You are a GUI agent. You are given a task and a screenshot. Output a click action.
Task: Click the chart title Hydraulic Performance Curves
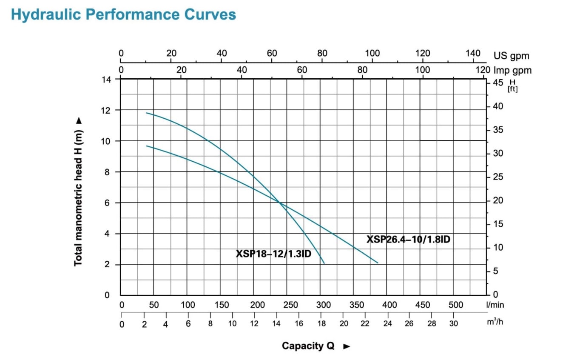tap(123, 14)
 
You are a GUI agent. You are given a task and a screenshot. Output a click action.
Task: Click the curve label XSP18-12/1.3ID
tap(274, 254)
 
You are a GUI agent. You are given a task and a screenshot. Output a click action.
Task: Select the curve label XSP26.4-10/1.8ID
tap(408, 240)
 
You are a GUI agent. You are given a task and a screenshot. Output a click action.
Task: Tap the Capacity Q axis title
tap(309, 346)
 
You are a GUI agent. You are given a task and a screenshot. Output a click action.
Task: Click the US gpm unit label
tap(511, 55)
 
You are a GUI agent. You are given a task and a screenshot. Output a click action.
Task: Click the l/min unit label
tap(496, 305)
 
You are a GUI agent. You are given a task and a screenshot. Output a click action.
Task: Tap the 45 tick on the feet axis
tap(498, 82)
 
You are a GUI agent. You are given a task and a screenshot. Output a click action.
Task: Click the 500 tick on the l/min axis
tap(455, 305)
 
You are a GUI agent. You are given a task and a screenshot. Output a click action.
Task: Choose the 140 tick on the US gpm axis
tap(472, 54)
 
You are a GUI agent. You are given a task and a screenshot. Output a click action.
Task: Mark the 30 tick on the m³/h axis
tap(454, 323)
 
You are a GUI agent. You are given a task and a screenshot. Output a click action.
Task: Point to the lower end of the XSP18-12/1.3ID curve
tap(324, 263)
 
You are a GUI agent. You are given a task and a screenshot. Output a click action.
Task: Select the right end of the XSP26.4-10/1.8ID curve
tap(378, 263)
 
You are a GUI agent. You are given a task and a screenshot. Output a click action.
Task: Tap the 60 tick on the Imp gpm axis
tap(302, 70)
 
